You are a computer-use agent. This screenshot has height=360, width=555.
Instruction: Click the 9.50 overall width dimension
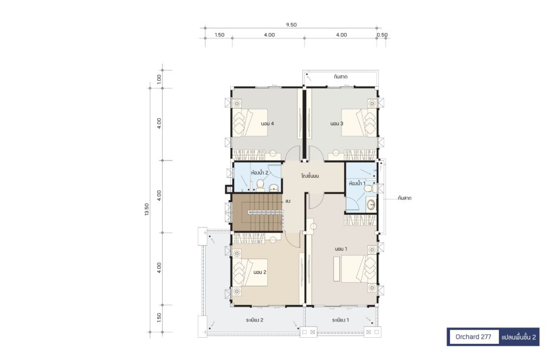291,25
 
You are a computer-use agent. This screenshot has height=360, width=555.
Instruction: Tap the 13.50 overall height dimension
147,209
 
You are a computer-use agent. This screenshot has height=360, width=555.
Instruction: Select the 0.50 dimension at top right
382,35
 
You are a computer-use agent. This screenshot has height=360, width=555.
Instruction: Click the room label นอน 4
267,124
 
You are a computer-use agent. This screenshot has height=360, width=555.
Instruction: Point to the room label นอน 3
337,124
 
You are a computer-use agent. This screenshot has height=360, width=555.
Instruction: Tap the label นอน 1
341,249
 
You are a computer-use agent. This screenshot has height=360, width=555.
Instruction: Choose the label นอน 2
260,272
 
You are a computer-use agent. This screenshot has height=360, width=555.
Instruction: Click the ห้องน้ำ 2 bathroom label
260,173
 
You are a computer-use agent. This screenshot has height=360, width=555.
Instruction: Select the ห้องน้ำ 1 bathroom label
357,183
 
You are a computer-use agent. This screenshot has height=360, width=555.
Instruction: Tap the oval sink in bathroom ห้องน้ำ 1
371,204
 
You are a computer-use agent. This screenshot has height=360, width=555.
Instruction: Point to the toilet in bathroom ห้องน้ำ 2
261,185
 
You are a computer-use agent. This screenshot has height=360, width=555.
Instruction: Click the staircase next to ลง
257,213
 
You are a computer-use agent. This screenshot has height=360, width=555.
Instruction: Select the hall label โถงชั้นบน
310,176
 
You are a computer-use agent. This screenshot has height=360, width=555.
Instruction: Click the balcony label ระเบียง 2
255,320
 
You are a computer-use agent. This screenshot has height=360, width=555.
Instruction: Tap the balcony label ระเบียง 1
340,320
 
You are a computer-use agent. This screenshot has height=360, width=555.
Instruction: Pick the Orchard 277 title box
473,337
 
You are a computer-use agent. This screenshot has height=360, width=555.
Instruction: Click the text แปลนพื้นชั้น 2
519,337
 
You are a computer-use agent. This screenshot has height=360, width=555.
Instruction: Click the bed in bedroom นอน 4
250,122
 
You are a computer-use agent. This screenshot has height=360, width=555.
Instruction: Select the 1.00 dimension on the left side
159,79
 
